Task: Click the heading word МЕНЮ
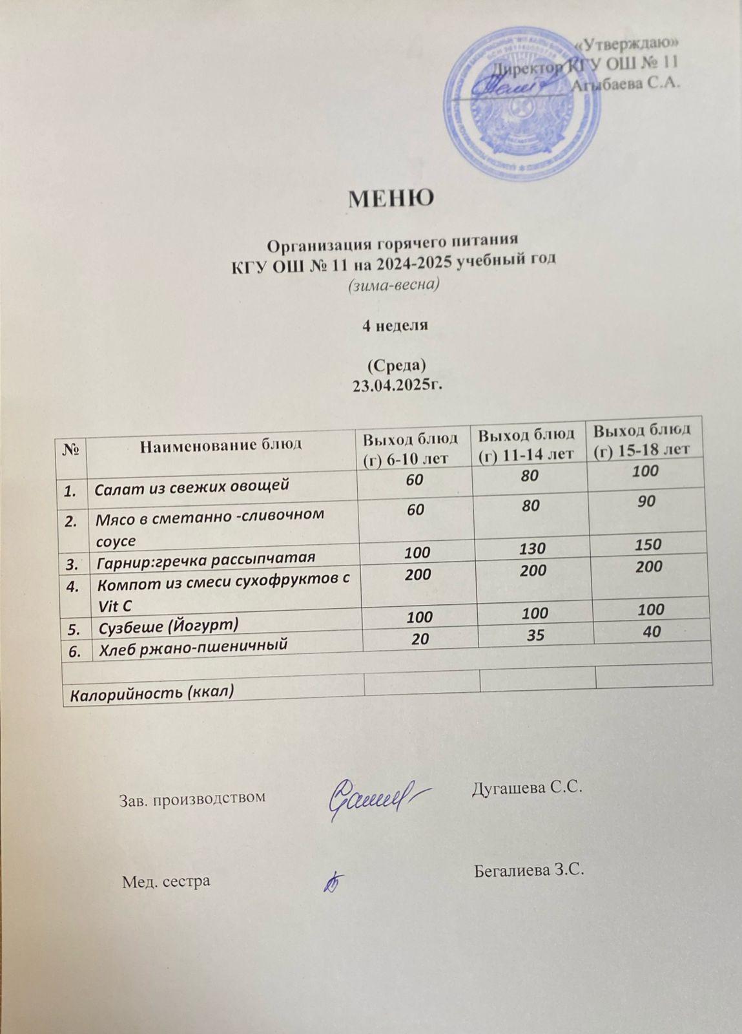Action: [391, 198]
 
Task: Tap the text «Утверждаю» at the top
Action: [626, 43]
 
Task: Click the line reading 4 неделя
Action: [394, 325]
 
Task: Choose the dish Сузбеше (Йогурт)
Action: [167, 624]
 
